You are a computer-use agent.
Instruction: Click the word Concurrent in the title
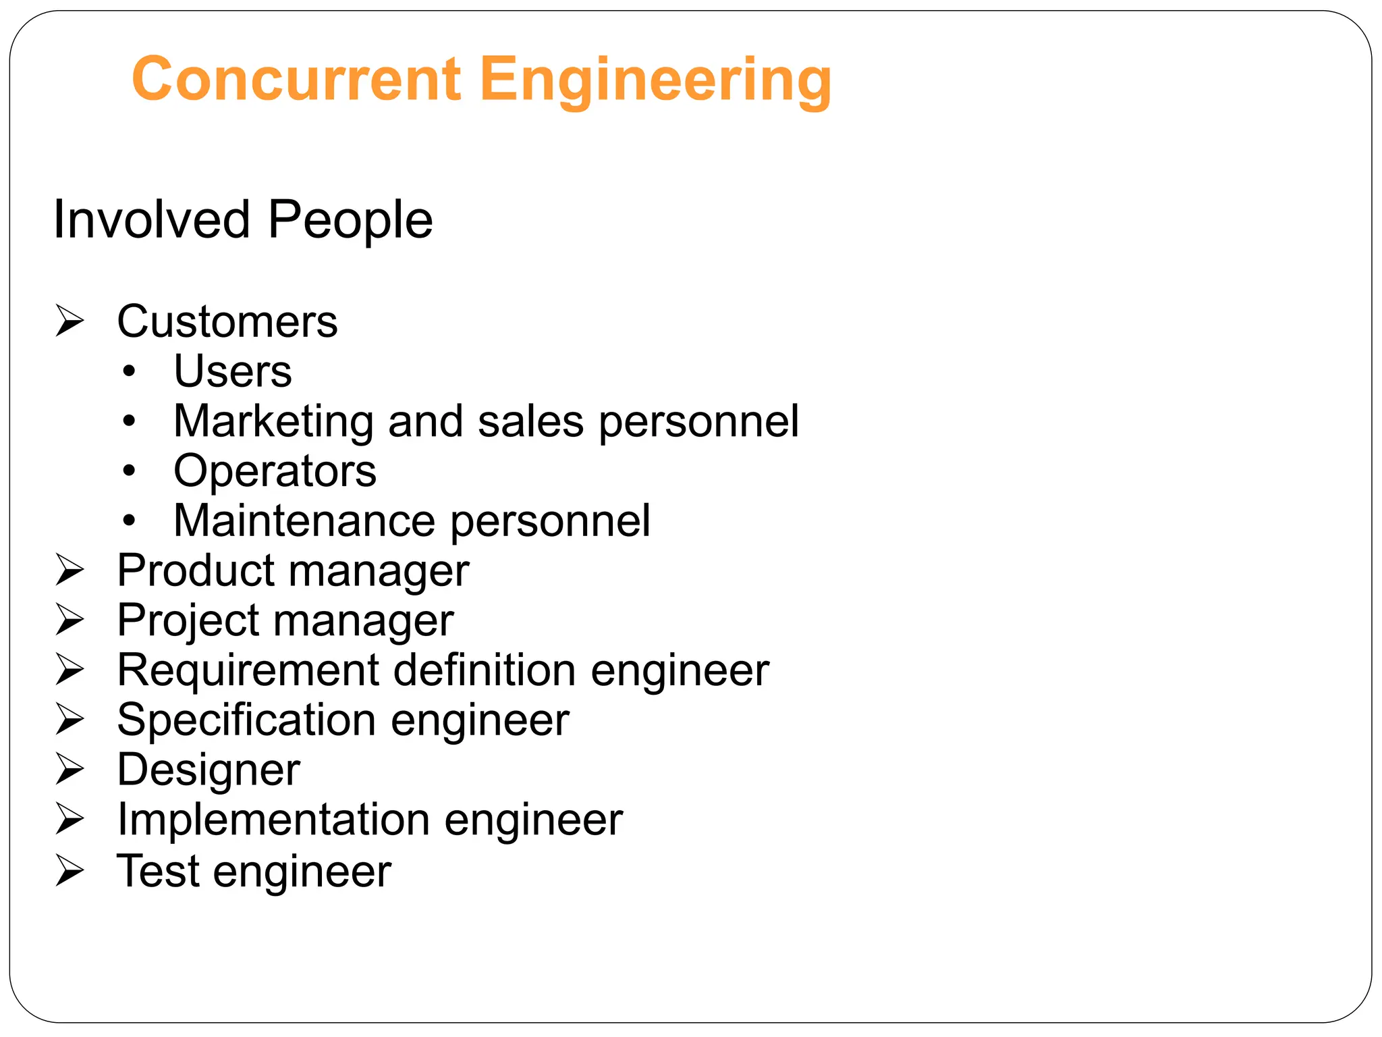(x=297, y=79)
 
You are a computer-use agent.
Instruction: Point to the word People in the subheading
(x=350, y=221)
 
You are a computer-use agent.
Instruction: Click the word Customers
(x=227, y=321)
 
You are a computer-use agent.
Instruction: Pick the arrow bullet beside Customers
(x=70, y=321)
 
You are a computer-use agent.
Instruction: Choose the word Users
(x=233, y=371)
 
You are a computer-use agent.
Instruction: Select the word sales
(x=530, y=422)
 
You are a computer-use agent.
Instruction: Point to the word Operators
(x=275, y=471)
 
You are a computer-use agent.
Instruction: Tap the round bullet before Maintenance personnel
(x=130, y=521)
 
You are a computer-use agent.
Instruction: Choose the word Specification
(x=246, y=720)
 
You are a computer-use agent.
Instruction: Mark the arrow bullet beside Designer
(x=70, y=769)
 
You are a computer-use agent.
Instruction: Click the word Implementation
(x=273, y=820)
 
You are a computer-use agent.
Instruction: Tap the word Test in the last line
(x=158, y=871)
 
